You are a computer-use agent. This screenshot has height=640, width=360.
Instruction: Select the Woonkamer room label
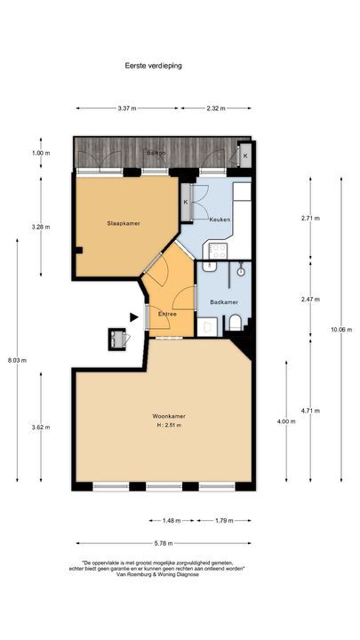click(x=167, y=416)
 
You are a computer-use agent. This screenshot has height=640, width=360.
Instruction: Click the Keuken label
click(x=220, y=219)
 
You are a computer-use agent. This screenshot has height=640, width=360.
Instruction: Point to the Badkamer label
click(x=223, y=302)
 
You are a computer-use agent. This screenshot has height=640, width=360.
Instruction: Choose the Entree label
click(x=168, y=314)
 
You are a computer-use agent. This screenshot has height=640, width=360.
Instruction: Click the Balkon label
click(x=156, y=153)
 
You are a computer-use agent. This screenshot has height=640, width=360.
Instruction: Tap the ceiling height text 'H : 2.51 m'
click(x=167, y=426)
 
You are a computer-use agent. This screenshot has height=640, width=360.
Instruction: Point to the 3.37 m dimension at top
click(x=126, y=108)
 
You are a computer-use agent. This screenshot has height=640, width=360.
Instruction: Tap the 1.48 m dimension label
click(x=172, y=521)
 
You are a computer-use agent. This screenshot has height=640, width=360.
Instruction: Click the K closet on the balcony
click(x=245, y=155)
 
